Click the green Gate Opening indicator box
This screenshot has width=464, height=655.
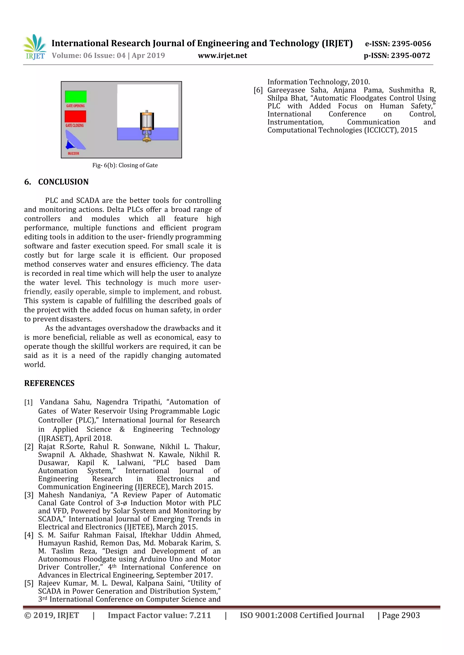click(76, 96)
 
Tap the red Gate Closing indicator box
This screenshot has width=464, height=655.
click(75, 116)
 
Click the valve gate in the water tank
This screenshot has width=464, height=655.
click(147, 126)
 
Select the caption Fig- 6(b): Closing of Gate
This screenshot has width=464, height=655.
click(125, 165)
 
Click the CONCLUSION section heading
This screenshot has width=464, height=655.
click(63, 182)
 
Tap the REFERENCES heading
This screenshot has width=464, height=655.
click(49, 383)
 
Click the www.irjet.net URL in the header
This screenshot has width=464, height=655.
click(222, 55)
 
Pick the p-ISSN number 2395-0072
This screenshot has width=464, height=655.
click(410, 55)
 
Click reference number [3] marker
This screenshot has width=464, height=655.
click(29, 495)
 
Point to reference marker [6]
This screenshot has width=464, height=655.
click(258, 90)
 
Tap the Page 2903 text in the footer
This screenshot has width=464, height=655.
click(401, 615)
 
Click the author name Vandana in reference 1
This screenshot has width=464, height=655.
click(54, 402)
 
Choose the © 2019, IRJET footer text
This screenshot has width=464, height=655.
click(51, 615)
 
